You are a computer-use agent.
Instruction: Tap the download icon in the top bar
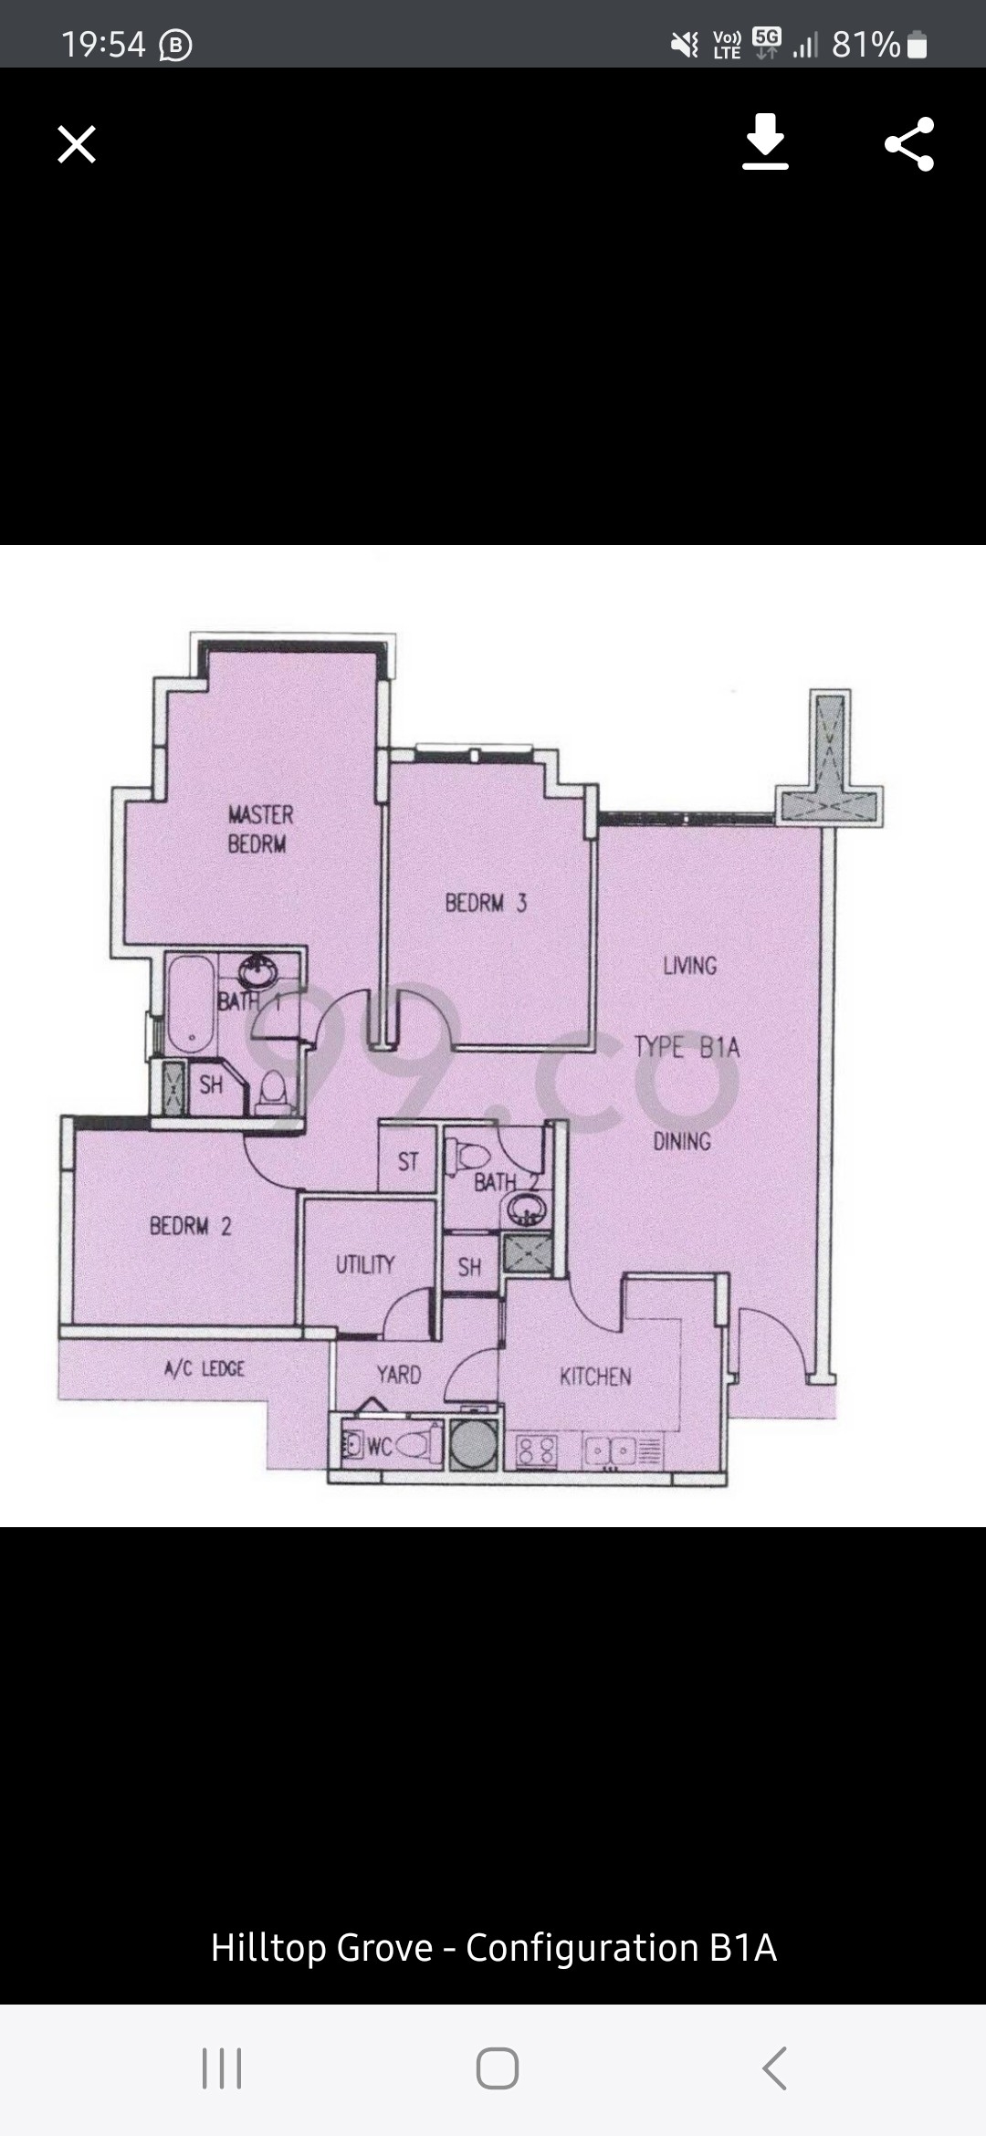765,142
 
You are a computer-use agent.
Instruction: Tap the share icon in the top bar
909,144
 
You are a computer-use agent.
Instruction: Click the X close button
77,144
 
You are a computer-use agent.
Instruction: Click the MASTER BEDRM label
259,829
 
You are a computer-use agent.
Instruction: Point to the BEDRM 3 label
486,904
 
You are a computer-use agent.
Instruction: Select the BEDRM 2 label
191,1226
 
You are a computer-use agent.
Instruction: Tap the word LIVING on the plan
690,966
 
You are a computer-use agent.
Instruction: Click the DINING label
682,1141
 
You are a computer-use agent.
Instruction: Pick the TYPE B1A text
687,1047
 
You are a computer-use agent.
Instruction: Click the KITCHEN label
595,1377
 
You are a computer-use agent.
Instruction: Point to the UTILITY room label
365,1264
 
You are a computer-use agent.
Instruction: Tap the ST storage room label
408,1162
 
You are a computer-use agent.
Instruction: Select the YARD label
399,1375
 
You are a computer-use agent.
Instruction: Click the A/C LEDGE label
205,1368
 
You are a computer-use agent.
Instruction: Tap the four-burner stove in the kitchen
537,1450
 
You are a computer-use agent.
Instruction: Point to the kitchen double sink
610,1450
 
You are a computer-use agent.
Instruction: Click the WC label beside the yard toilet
379,1446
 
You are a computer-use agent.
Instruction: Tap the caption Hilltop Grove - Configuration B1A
493,1947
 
